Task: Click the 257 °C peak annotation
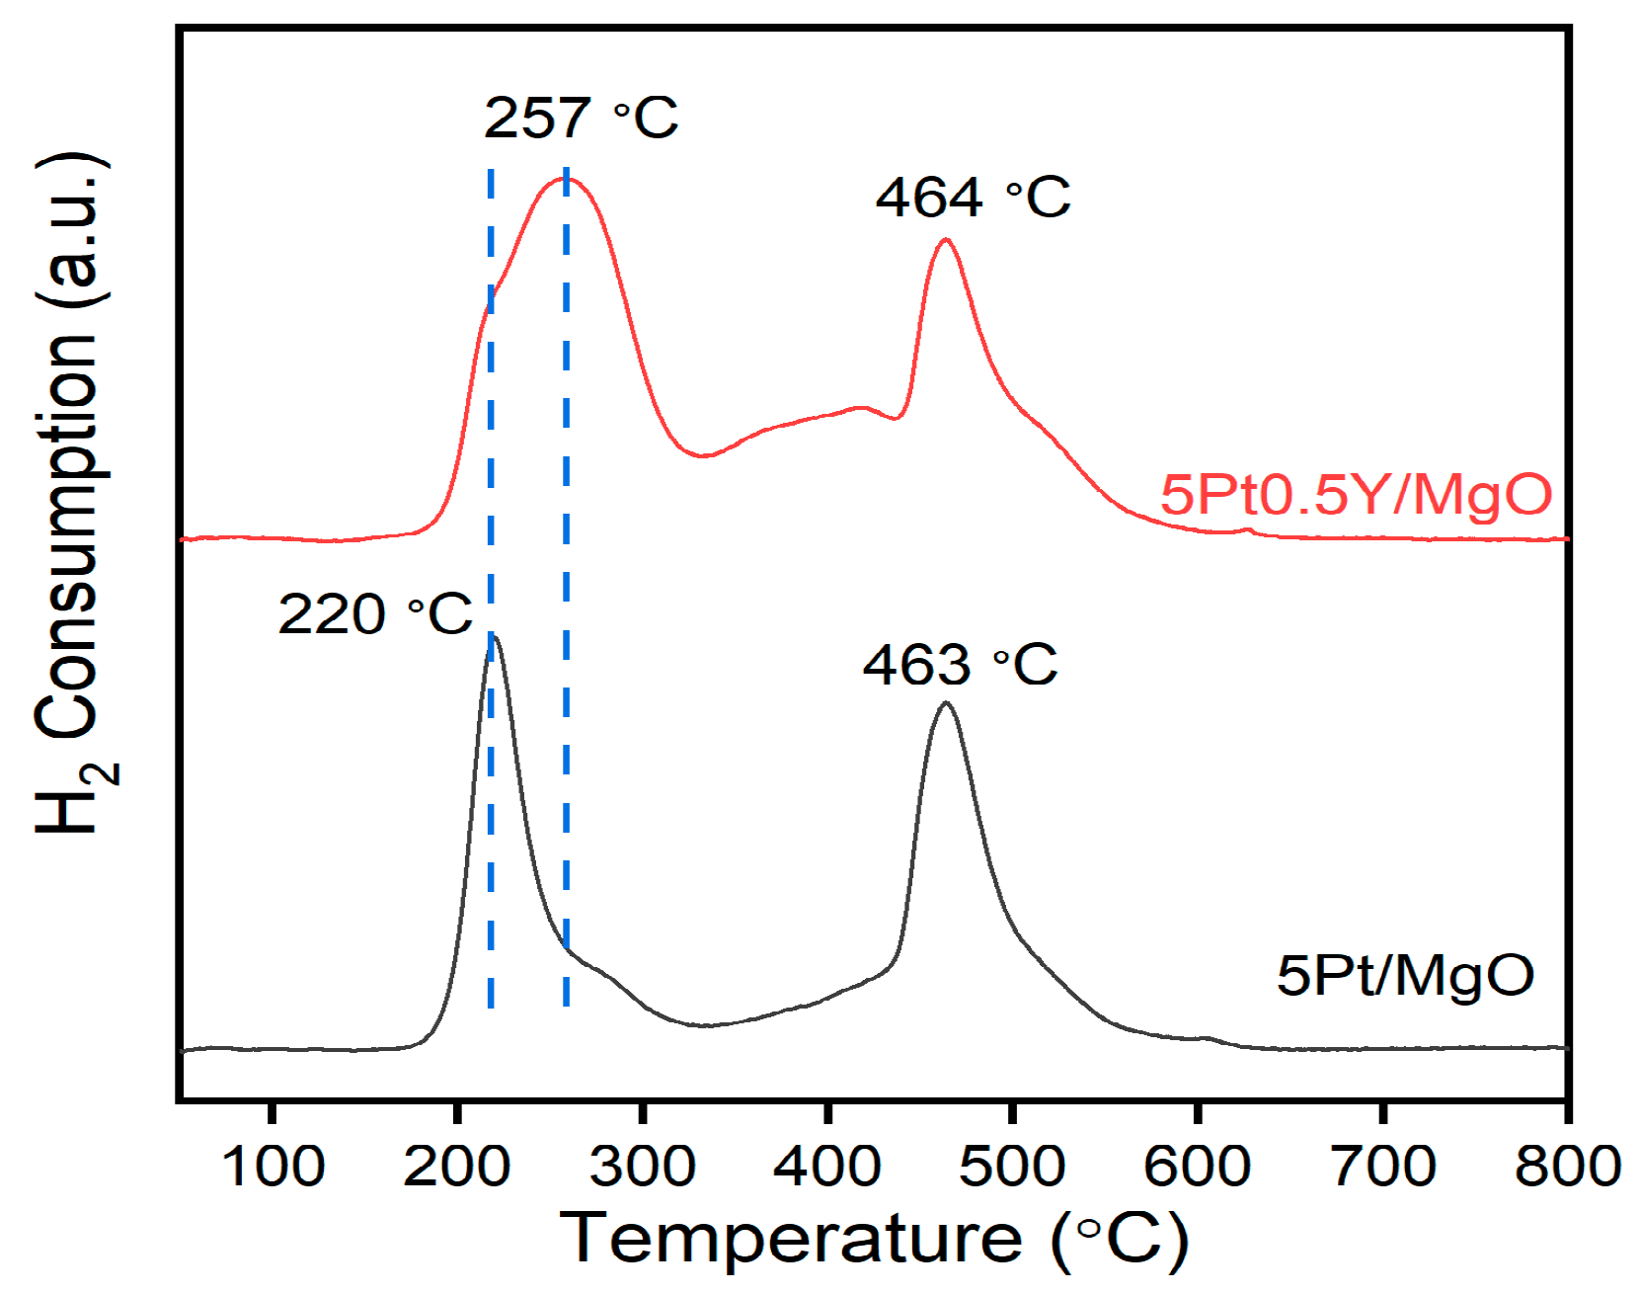tap(581, 119)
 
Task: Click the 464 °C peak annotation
tap(973, 198)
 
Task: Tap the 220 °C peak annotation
tap(375, 615)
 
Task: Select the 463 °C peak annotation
tap(960, 665)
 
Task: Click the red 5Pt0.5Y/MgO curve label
tap(1356, 494)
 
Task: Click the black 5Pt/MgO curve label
tap(1405, 975)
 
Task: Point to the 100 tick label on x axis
tap(273, 1167)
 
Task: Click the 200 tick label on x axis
tap(456, 1167)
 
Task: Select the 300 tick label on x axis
tap(642, 1167)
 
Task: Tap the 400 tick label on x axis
tap(826, 1167)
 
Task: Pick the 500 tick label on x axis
tap(1012, 1167)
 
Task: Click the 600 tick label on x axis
tap(1197, 1167)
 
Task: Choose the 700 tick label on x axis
tap(1382, 1167)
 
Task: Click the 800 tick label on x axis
tap(1567, 1167)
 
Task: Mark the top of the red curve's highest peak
tap(567, 178)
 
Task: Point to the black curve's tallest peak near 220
tap(495, 637)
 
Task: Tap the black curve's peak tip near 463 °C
tap(946, 702)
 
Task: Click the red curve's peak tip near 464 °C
tap(946, 239)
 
